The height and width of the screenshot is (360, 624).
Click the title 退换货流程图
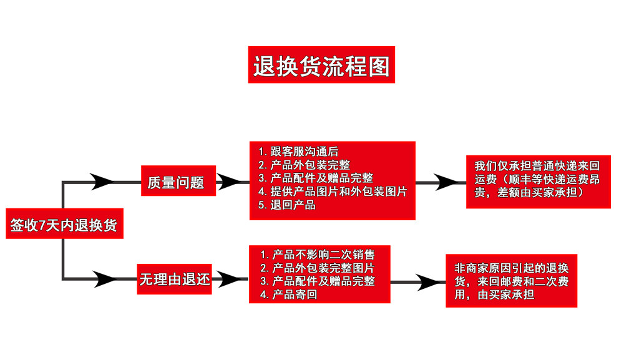click(321, 65)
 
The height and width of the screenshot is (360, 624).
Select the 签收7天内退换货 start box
click(64, 224)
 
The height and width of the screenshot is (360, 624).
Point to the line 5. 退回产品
click(286, 205)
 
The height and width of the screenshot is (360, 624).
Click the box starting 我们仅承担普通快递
click(538, 180)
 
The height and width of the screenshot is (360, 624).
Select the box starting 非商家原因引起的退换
click(511, 281)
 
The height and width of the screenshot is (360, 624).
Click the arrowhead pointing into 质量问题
click(102, 182)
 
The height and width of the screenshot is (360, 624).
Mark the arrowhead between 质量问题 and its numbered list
click(228, 182)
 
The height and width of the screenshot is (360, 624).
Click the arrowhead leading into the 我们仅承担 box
click(448, 182)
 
